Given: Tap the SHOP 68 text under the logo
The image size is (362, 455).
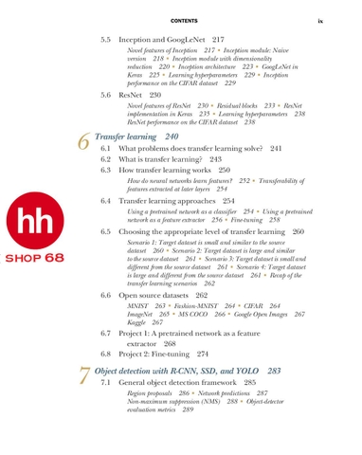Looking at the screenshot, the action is [x=33, y=258].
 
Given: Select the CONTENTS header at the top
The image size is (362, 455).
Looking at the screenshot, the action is [x=182, y=21].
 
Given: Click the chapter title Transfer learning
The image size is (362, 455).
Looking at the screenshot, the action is [x=128, y=136].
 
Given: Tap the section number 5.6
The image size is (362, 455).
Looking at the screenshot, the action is [x=107, y=96].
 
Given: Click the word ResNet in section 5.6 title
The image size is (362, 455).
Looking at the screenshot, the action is [x=133, y=96].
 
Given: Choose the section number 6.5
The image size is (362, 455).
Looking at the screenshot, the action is [x=107, y=231].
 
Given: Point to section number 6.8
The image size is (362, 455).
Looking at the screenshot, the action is [x=107, y=354].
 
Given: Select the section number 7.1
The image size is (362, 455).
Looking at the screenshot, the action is [x=107, y=382].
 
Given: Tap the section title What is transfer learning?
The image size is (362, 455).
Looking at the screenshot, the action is [x=163, y=159].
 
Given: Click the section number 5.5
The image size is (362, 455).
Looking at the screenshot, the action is [x=107, y=41].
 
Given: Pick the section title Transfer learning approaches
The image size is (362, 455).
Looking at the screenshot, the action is [x=170, y=202].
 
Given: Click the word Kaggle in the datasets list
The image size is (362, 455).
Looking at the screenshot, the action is [x=137, y=322].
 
